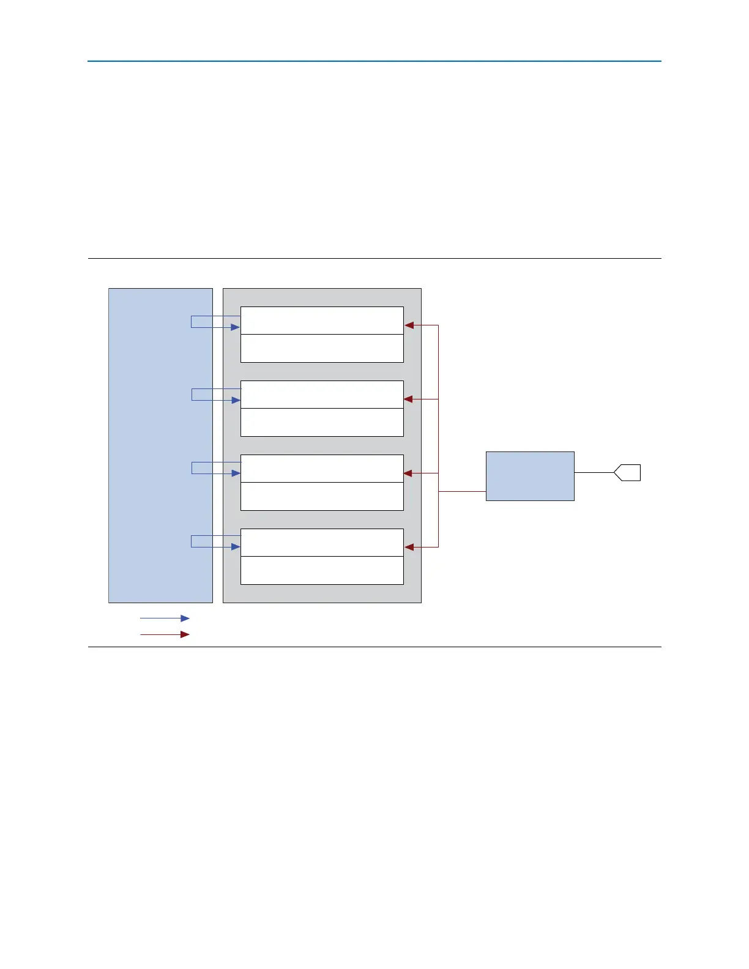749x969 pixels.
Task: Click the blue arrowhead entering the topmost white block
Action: pyautogui.click(x=235, y=327)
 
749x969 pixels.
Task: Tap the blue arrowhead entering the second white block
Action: pyautogui.click(x=236, y=401)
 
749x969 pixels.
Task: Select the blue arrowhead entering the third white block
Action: pyautogui.click(x=236, y=473)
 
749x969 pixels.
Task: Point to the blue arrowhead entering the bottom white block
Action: pyautogui.click(x=236, y=547)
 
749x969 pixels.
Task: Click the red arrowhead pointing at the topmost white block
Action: pyautogui.click(x=409, y=325)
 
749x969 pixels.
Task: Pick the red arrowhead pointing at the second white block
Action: pyautogui.click(x=409, y=399)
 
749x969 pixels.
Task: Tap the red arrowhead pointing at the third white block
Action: pyautogui.click(x=409, y=473)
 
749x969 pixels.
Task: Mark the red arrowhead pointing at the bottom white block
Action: pyautogui.click(x=409, y=547)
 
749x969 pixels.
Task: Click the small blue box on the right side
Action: pyautogui.click(x=530, y=476)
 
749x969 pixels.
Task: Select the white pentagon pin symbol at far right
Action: pyautogui.click(x=628, y=473)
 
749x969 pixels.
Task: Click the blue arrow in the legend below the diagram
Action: pyautogui.click(x=165, y=618)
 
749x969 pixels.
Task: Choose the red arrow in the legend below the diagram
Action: pyautogui.click(x=165, y=634)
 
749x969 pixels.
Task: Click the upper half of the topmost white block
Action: pyautogui.click(x=322, y=321)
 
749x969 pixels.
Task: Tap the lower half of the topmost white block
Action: pyautogui.click(x=322, y=348)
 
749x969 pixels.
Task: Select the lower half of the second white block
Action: pyautogui.click(x=322, y=422)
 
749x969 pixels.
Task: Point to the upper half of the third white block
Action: pyautogui.click(x=322, y=469)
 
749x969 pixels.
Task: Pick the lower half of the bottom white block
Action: pyautogui.click(x=322, y=570)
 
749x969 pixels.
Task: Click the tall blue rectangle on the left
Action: pyautogui.click(x=160, y=445)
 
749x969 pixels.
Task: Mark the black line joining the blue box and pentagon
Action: pyautogui.click(x=594, y=473)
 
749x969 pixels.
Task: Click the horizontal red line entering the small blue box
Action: pyautogui.click(x=463, y=492)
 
